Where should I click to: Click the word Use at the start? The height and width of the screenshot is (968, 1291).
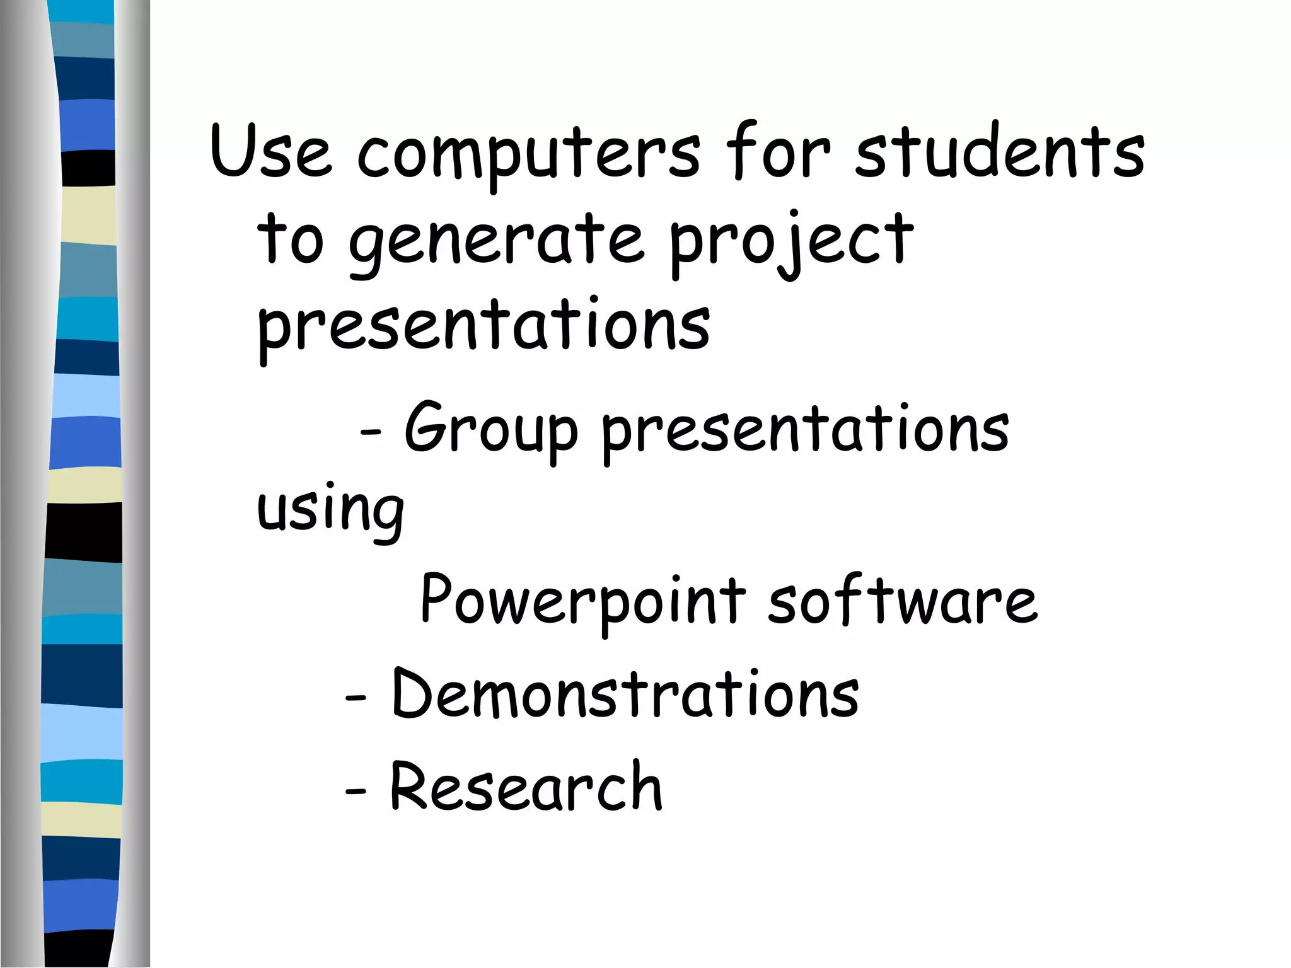[x=270, y=151]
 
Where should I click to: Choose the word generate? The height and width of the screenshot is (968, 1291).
[x=497, y=243]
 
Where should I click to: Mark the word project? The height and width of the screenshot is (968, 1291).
[x=790, y=243]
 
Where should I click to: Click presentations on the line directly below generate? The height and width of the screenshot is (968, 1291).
[x=483, y=328]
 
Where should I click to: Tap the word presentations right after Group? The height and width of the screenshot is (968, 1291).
[x=805, y=432]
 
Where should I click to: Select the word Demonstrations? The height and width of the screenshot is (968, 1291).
[x=625, y=693]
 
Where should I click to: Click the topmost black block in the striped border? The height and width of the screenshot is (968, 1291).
[x=88, y=168]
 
